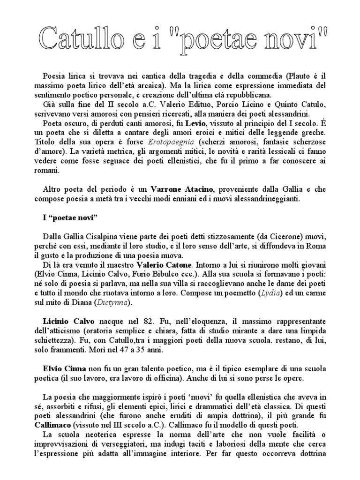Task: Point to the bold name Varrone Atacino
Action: pyautogui.click(x=182, y=189)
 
